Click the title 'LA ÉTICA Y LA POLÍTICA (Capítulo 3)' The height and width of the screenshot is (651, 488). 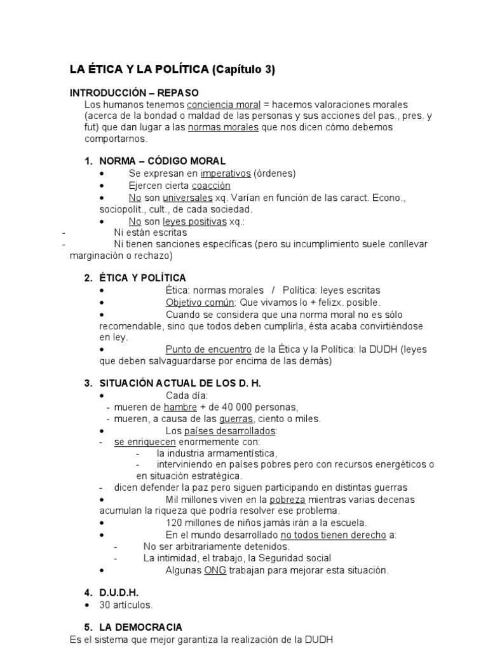[x=172, y=70]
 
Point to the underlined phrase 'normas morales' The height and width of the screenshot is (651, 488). [x=224, y=127]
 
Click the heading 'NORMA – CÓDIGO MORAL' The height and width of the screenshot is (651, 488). [x=162, y=161]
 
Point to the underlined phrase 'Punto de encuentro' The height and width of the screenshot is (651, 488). [x=208, y=349]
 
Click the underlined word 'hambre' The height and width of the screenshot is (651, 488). [x=180, y=407]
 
